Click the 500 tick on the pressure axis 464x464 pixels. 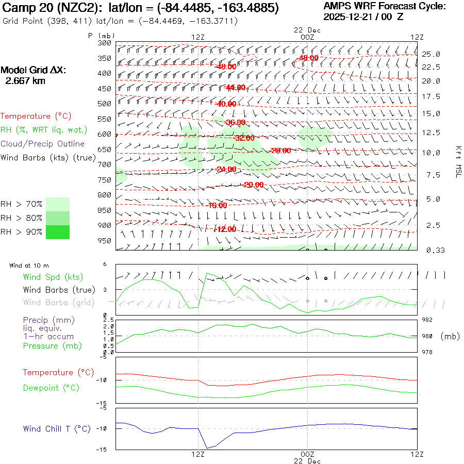tap(105, 104)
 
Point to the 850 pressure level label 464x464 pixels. tap(105, 210)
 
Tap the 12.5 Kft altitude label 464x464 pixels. tap(432, 132)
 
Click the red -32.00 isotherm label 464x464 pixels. tap(243, 138)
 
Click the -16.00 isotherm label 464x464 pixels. tap(217, 205)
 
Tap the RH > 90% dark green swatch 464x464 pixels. tap(57, 232)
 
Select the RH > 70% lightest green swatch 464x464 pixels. tap(57, 204)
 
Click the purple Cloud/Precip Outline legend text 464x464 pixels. tap(43, 144)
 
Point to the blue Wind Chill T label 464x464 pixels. tap(57, 429)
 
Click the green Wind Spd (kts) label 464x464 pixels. tap(53, 277)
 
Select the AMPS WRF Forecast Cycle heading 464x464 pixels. tap(384, 6)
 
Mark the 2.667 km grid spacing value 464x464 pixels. tap(25, 81)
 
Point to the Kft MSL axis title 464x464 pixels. tap(457, 161)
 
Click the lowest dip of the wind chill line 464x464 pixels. tap(207, 448)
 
